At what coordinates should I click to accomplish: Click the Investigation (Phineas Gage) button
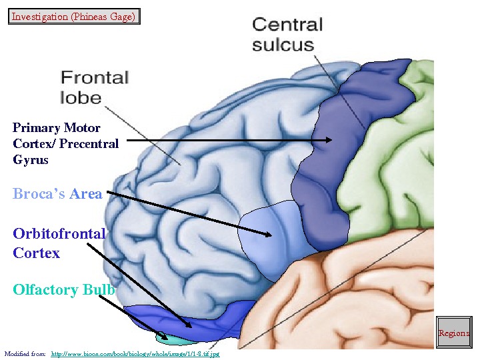74,16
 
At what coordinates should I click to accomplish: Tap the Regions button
453,333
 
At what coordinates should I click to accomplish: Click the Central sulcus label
287,35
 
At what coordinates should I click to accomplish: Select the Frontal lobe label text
94,87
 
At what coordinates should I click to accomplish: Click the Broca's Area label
57,194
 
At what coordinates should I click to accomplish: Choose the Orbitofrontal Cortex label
59,243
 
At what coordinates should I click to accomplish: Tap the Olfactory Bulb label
64,290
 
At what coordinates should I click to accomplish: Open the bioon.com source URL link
135,353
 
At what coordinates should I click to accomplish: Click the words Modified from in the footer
25,353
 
